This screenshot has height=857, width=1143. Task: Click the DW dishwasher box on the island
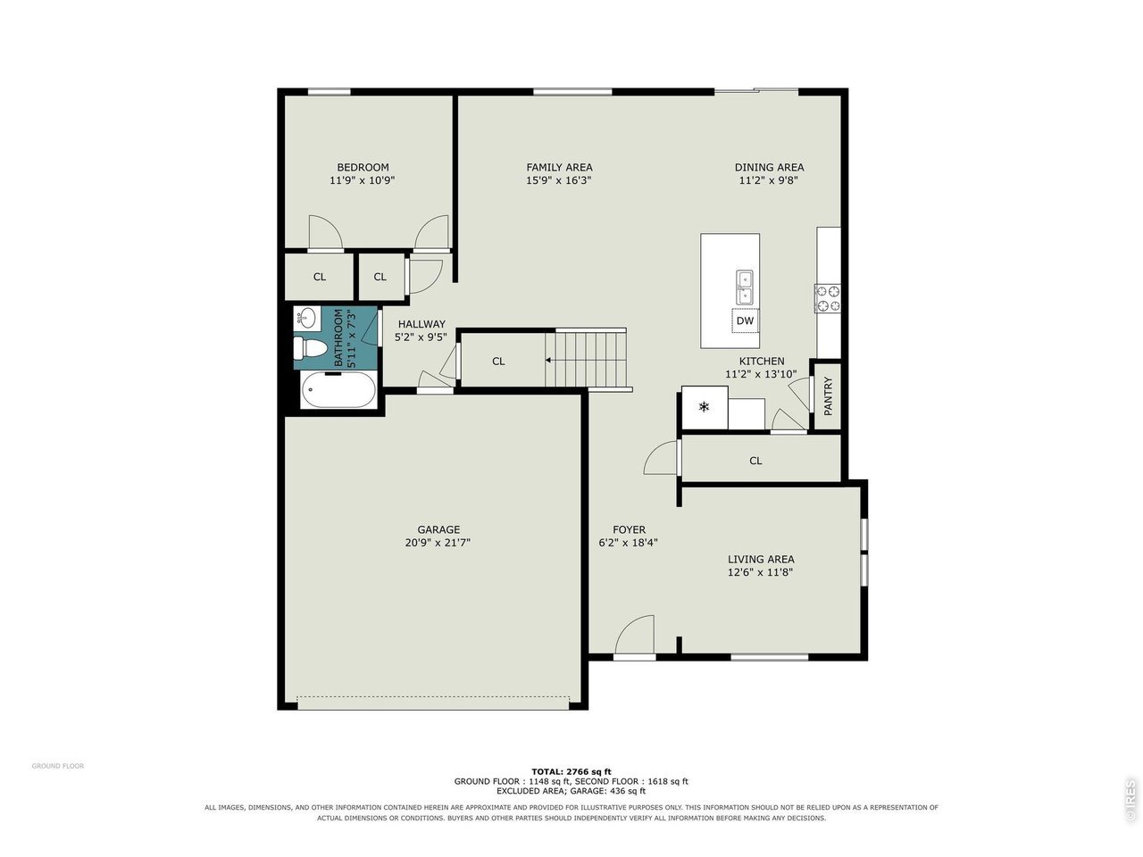point(745,320)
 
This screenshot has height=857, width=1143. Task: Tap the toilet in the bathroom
point(305,347)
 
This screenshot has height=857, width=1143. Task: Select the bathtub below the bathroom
point(338,390)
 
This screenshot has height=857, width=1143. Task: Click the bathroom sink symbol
point(306,318)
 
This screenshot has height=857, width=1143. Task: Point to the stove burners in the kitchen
point(828,298)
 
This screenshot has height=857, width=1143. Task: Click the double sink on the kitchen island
point(744,287)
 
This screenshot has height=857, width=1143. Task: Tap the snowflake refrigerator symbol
point(704,407)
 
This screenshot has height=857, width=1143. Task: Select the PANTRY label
point(828,396)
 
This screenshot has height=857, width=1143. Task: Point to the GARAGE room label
point(438,529)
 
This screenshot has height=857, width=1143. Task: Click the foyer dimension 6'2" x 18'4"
point(628,543)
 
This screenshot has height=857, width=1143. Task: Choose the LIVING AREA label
point(761,559)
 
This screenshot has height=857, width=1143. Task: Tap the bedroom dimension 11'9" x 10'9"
point(363,180)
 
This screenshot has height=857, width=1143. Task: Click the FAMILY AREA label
point(559,167)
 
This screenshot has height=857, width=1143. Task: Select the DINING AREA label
point(769,167)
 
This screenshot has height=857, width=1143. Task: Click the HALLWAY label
point(421,324)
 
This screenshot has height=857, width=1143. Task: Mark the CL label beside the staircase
point(498,362)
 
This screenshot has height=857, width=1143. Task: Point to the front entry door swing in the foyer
point(634,636)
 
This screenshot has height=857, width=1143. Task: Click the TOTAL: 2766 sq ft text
point(571,771)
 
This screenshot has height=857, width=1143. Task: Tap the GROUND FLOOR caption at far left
point(58,766)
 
